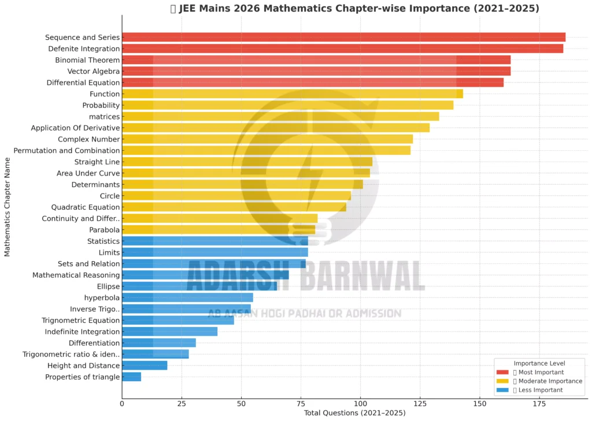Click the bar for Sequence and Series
pos(343,37)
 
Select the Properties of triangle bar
pos(131,377)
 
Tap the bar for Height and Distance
pos(145,366)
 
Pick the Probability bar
pos(287,105)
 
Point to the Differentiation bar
pos(158,343)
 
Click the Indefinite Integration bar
pos(169,331)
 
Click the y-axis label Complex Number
pos(89,139)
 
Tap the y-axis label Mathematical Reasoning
pos(76,275)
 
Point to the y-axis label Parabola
pos(105,230)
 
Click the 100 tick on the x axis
pos(360,403)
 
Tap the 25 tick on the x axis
pos(182,403)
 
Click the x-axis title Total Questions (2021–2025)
pos(354,413)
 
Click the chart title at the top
pos(354,9)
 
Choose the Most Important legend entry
pos(538,372)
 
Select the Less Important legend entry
pos(538,390)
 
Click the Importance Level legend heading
pos(539,363)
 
